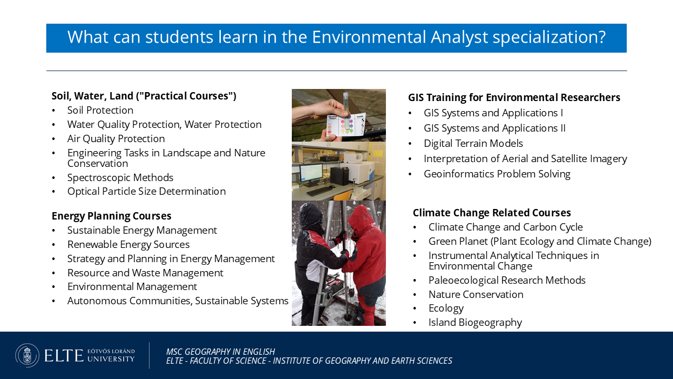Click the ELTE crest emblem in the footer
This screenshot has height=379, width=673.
27,355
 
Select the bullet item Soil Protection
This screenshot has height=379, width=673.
100,111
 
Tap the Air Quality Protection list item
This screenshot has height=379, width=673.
116,138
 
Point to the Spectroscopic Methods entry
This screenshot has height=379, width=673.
120,177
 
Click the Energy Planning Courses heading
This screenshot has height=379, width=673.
111,216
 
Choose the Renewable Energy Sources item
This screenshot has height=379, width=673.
128,245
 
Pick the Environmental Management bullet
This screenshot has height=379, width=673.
132,287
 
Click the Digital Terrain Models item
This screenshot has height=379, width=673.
473,144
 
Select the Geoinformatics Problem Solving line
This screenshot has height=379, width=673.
497,174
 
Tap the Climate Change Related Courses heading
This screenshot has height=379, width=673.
492,213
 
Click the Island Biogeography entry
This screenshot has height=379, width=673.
475,323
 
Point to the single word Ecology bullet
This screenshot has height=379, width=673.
446,308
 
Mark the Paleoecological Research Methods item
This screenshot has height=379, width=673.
507,281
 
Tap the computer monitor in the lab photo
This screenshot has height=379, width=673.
311,174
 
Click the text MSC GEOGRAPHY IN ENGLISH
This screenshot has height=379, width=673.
220,352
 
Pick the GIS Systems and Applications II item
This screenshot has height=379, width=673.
495,128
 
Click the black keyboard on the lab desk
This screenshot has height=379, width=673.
315,191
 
